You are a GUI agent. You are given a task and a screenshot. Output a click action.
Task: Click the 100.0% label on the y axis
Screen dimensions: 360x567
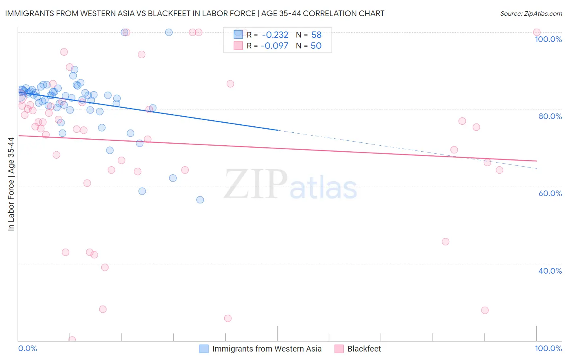[x=548, y=39]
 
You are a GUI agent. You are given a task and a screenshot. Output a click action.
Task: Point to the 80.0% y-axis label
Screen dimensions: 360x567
[x=550, y=116]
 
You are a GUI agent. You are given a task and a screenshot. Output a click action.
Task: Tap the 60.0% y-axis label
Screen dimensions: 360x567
[x=550, y=193]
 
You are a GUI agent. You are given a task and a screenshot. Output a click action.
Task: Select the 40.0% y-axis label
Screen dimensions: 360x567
[x=550, y=271]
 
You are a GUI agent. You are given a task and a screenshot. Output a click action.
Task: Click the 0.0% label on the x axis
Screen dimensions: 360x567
[x=27, y=348]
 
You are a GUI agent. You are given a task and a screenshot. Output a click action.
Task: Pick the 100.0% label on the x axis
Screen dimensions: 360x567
[x=548, y=348]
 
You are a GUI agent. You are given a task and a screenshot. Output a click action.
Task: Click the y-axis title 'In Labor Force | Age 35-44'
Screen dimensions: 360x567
[x=11, y=184]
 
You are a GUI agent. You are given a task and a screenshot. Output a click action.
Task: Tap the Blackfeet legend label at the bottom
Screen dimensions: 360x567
[x=364, y=349]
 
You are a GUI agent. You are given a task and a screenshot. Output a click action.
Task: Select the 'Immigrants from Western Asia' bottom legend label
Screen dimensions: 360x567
[x=267, y=349]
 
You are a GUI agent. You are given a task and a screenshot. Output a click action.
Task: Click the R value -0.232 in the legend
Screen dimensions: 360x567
[x=275, y=35]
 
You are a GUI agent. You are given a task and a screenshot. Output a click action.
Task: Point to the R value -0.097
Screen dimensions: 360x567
[x=274, y=46]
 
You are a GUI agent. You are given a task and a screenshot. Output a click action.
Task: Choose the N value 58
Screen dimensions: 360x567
[x=316, y=35]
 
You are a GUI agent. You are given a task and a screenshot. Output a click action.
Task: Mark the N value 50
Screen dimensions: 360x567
[x=316, y=46]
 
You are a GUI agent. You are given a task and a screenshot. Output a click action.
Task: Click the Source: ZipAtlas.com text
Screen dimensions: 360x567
[x=531, y=14]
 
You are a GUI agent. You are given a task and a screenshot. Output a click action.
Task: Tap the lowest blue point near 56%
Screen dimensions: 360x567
[x=200, y=200]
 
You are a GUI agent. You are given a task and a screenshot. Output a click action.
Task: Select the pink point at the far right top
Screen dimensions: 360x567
[x=537, y=32]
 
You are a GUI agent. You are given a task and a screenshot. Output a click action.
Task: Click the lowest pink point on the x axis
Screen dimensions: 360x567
[x=72, y=340]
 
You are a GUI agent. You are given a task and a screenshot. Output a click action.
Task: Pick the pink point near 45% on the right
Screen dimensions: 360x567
[x=446, y=242]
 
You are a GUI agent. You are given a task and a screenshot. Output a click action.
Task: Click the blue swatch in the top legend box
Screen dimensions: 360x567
[x=238, y=35]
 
